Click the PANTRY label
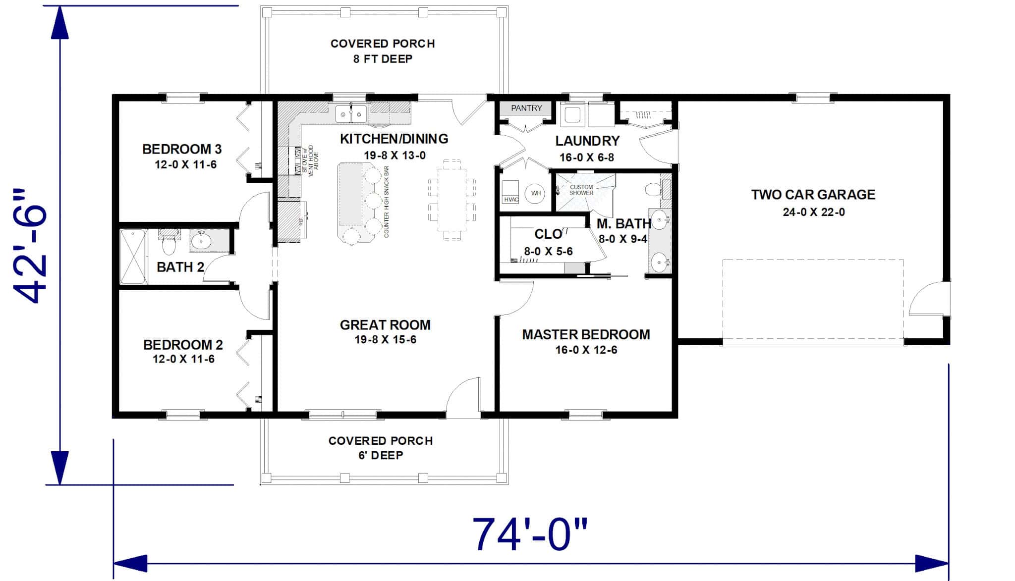coord(526,108)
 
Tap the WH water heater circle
coord(536,193)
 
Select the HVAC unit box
coord(510,193)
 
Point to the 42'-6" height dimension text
coord(31,246)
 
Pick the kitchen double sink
coord(351,114)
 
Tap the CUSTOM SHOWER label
coord(581,190)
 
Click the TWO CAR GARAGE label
coord(813,195)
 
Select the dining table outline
coord(452,200)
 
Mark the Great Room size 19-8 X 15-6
coord(385,340)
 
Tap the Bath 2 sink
coord(202,241)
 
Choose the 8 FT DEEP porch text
coord(383,59)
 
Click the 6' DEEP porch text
coord(381,455)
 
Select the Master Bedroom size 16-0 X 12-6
coord(586,350)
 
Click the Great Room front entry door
coord(463,396)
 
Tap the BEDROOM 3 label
coord(182,149)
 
